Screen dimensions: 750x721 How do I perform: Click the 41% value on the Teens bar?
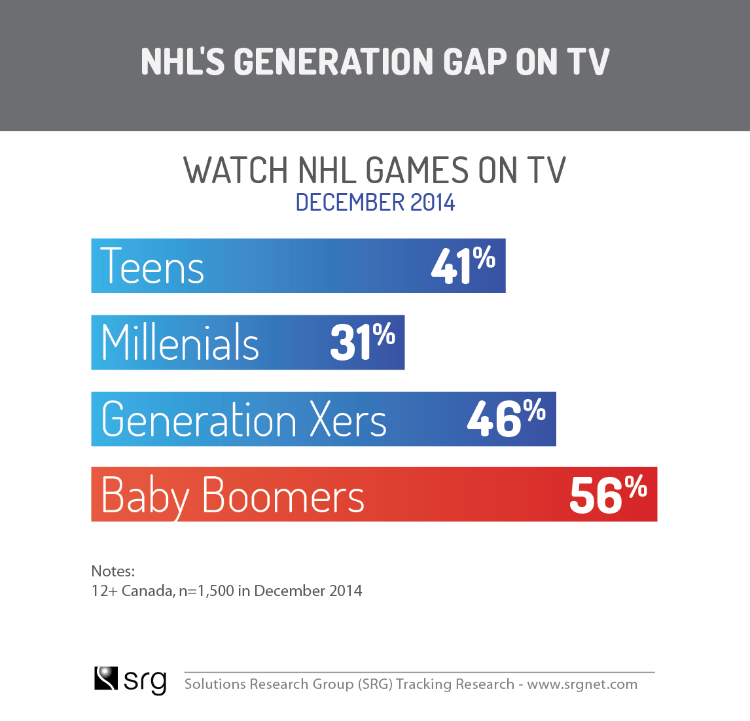[x=463, y=266]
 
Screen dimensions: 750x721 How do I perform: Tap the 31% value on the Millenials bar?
[x=363, y=342]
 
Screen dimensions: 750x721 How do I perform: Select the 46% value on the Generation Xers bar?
[x=506, y=418]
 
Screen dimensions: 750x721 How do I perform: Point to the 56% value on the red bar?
[x=608, y=495]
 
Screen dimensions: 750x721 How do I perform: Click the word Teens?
[x=152, y=266]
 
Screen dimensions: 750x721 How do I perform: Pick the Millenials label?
[x=180, y=342]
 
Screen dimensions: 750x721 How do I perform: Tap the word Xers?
[x=348, y=419]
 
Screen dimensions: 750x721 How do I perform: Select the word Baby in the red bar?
[x=145, y=498]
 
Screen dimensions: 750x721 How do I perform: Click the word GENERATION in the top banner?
[x=333, y=62]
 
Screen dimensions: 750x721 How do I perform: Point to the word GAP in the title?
[x=475, y=62]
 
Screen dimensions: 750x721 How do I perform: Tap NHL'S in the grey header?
[x=183, y=62]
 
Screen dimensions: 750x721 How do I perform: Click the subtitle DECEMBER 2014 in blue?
[x=375, y=202]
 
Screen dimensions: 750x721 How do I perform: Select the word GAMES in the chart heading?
[x=417, y=170]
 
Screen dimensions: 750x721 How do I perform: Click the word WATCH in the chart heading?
[x=236, y=170]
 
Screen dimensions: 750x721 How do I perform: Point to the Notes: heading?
[x=113, y=571]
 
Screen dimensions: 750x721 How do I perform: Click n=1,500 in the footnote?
[x=207, y=591]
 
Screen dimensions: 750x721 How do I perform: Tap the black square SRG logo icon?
[x=106, y=678]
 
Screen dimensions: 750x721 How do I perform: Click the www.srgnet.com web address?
[x=582, y=684]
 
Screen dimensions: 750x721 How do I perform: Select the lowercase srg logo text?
[x=145, y=681]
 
